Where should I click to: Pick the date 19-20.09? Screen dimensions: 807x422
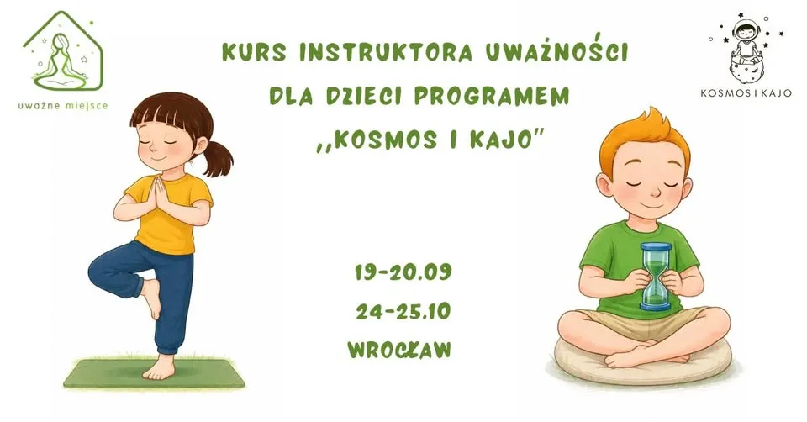(x=403, y=272)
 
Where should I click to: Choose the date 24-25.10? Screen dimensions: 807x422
(x=403, y=311)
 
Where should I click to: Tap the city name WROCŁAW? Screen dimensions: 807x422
(x=399, y=350)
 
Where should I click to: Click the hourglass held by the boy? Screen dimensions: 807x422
(x=656, y=277)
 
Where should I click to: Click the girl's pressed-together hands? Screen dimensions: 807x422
(x=159, y=194)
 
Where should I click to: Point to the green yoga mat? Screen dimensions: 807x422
(x=155, y=373)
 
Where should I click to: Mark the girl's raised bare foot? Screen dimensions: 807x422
(x=151, y=298)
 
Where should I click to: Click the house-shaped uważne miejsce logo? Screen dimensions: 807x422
(x=63, y=50)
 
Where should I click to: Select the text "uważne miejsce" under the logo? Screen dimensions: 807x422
(x=63, y=106)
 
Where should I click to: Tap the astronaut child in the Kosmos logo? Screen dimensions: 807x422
(x=746, y=41)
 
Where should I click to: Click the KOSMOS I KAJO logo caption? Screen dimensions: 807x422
(x=746, y=93)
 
